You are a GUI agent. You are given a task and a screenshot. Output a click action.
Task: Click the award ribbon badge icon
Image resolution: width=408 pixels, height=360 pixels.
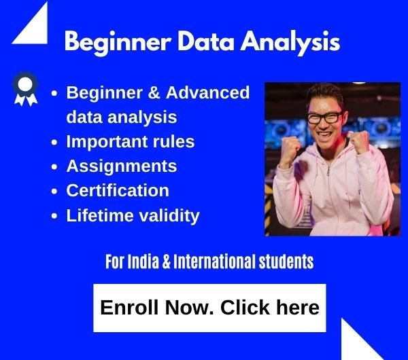click(26, 89)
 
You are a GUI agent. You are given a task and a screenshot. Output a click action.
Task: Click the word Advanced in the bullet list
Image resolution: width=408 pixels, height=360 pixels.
click(207, 92)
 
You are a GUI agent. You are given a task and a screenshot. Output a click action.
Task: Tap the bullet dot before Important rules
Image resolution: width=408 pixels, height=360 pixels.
click(54, 143)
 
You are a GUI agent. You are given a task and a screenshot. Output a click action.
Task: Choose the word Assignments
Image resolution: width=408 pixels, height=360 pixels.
click(122, 166)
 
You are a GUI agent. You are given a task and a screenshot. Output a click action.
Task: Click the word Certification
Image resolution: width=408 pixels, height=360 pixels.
click(118, 190)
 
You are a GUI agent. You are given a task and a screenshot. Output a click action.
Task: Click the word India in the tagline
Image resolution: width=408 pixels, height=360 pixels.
click(143, 262)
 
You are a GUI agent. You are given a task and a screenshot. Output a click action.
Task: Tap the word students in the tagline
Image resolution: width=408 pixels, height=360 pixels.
click(286, 262)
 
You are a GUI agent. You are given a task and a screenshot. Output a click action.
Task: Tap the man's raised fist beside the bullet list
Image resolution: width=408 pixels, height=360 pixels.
click(290, 149)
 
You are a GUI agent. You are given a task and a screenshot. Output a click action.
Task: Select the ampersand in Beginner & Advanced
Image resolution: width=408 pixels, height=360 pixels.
click(154, 92)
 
